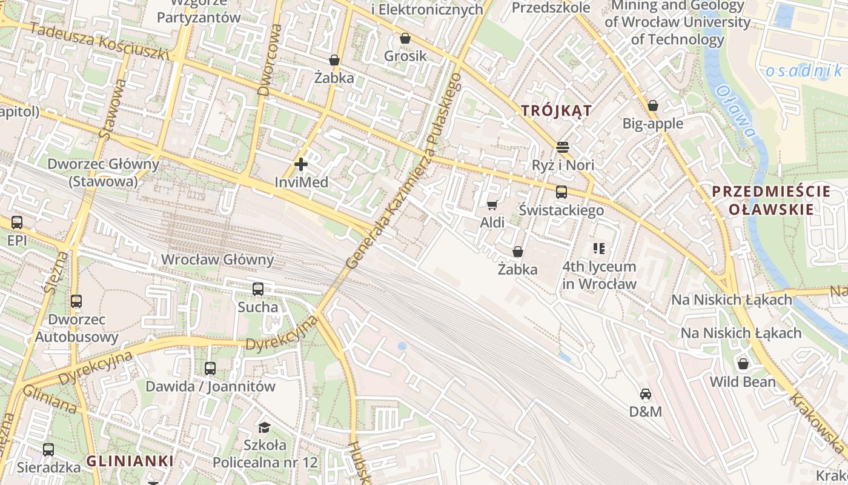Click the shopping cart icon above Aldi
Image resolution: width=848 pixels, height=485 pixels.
tap(492, 205)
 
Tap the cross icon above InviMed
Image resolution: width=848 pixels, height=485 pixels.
tap(300, 164)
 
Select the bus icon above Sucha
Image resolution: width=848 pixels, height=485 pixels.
tap(258, 289)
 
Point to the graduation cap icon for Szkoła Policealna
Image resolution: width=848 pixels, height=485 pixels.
tap(264, 427)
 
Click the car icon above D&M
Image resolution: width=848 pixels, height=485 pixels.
tap(646, 394)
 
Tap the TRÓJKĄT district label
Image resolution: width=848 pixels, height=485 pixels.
tap(556, 110)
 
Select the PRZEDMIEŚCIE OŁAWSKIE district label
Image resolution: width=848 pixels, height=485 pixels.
tap(770, 201)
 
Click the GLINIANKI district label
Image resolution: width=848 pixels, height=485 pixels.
tap(130, 461)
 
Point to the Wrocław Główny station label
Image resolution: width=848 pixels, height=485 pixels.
tap(217, 259)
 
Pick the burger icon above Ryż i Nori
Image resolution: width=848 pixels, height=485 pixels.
tap(563, 147)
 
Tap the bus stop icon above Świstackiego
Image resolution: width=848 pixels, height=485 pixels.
tap(561, 192)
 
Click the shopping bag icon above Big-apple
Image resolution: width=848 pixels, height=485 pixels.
tap(652, 105)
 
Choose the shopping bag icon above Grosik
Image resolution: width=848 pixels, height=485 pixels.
tap(405, 38)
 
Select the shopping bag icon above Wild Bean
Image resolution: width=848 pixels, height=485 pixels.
tap(743, 364)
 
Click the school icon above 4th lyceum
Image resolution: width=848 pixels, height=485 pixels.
tap(599, 248)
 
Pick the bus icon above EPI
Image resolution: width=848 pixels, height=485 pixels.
tap(17, 222)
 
